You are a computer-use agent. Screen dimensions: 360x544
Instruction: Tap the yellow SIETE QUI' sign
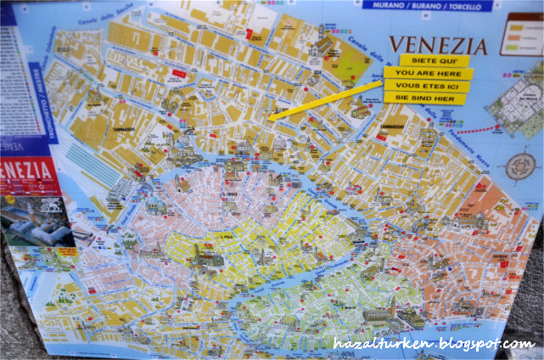point(434,60)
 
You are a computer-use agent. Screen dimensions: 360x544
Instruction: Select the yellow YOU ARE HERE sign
point(428,73)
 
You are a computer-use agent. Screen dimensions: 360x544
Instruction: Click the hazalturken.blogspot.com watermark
point(435,344)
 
